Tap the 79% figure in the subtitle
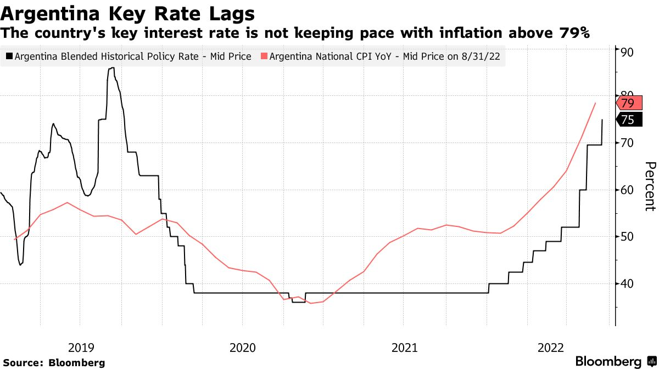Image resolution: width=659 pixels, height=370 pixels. (574, 33)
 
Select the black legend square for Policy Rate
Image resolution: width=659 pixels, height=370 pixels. (9, 56)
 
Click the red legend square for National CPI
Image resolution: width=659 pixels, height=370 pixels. (265, 56)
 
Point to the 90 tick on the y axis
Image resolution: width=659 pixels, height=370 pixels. (627, 52)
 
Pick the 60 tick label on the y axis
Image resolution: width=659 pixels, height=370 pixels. (627, 190)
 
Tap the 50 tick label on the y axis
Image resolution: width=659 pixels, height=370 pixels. (627, 237)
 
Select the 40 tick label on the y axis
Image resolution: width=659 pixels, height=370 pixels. (627, 283)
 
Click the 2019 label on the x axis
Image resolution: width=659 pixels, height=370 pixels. (81, 347)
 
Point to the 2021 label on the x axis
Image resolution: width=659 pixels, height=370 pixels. (405, 347)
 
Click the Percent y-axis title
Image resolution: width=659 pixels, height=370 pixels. (650, 186)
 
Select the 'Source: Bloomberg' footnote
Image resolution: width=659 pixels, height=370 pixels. (54, 362)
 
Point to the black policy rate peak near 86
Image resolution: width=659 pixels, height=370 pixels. (111, 68)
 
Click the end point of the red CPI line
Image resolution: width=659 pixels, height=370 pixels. (595, 103)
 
